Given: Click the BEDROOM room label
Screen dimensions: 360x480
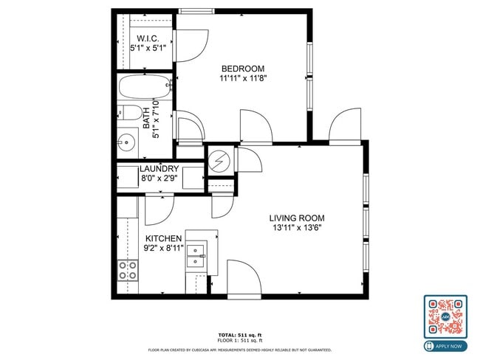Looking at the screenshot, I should (242, 69).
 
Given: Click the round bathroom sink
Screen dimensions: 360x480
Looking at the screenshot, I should (126, 141).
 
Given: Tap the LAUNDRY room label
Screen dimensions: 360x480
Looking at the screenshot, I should (159, 169).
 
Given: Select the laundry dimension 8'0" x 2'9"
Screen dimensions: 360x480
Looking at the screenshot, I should (159, 178).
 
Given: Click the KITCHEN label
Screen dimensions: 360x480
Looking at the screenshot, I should (163, 238).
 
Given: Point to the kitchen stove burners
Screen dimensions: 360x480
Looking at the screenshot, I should (128, 270).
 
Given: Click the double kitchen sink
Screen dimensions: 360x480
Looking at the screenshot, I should (196, 256).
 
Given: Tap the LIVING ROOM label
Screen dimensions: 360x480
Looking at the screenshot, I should (296, 218).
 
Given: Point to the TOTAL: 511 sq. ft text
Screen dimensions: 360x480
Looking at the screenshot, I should (239, 334).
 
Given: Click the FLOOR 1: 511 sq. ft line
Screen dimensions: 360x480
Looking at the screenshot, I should (239, 340).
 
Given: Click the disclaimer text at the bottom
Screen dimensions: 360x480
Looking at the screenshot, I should (239, 350).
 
